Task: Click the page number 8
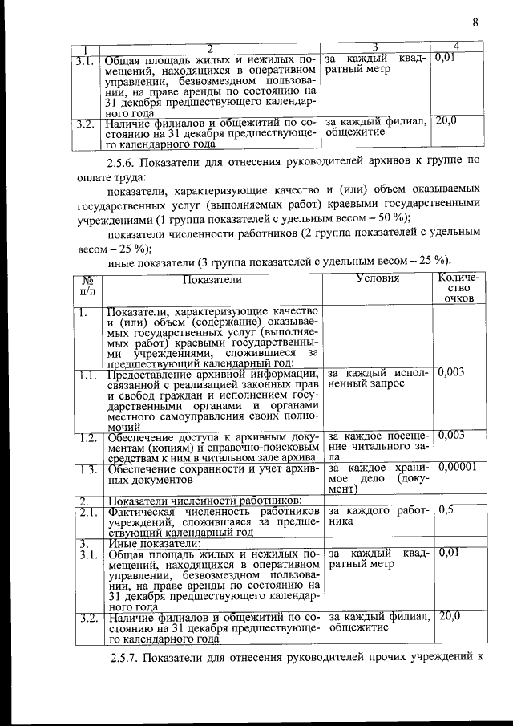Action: coord(475,23)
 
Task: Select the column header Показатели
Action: coord(212,278)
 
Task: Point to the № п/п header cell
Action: coord(87,285)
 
